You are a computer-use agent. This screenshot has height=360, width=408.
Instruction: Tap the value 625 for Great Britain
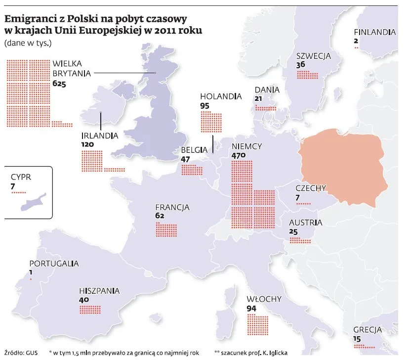pos(59,85)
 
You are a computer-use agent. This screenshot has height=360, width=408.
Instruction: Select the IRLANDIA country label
pos(99,135)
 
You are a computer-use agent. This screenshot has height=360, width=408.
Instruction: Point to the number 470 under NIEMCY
pos(239,156)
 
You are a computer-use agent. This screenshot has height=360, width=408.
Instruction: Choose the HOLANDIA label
pos(221,97)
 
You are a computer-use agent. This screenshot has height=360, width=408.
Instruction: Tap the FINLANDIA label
pos(375,33)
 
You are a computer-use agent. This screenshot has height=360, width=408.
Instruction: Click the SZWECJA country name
pos(313,56)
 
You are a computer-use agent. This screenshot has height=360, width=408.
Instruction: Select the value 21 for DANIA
pos(258,99)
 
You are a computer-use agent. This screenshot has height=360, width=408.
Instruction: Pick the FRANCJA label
pos(172,208)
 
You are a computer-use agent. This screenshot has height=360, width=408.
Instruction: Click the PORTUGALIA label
pos(54,264)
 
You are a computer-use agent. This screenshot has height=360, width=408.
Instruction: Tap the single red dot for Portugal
pos(31,280)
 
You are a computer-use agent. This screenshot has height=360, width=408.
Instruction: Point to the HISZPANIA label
pos(99,291)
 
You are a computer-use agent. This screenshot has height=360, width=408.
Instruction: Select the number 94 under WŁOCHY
pos(251,309)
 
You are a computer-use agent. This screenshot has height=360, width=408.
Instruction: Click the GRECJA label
pos(367,330)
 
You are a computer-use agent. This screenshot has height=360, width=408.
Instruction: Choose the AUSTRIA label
pos(306,223)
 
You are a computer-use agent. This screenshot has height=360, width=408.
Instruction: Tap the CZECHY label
pos(311,188)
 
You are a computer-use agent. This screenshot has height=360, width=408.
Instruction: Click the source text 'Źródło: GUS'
pos(21,353)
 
